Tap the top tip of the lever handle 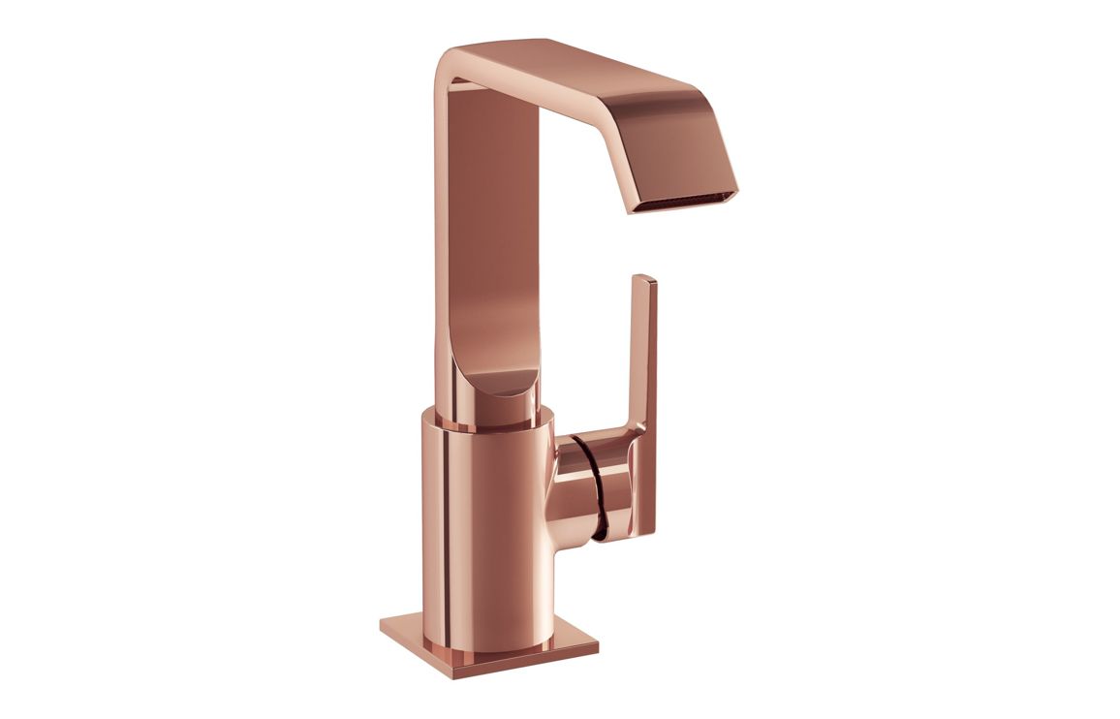tap(645, 279)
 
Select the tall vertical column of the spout tap(484, 242)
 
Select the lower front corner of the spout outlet tap(630, 210)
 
